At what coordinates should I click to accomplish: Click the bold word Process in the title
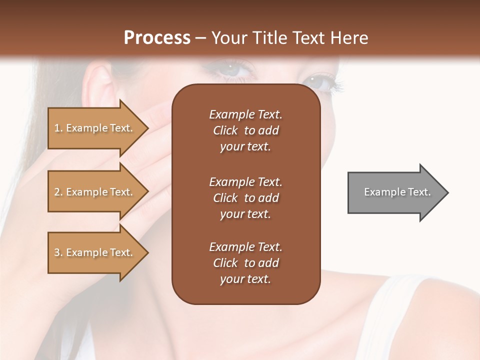tap(157, 37)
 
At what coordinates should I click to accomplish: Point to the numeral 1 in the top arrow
tap(56, 128)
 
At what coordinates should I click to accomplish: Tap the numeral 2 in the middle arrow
tap(57, 192)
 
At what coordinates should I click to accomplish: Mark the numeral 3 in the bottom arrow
tap(57, 252)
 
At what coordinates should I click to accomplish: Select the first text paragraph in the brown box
tap(245, 130)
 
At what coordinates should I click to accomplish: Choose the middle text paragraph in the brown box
tap(245, 197)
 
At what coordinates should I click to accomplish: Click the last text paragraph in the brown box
tap(245, 263)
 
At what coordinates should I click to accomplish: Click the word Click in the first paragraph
tap(225, 130)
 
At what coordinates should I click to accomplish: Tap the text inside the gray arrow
tap(397, 192)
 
